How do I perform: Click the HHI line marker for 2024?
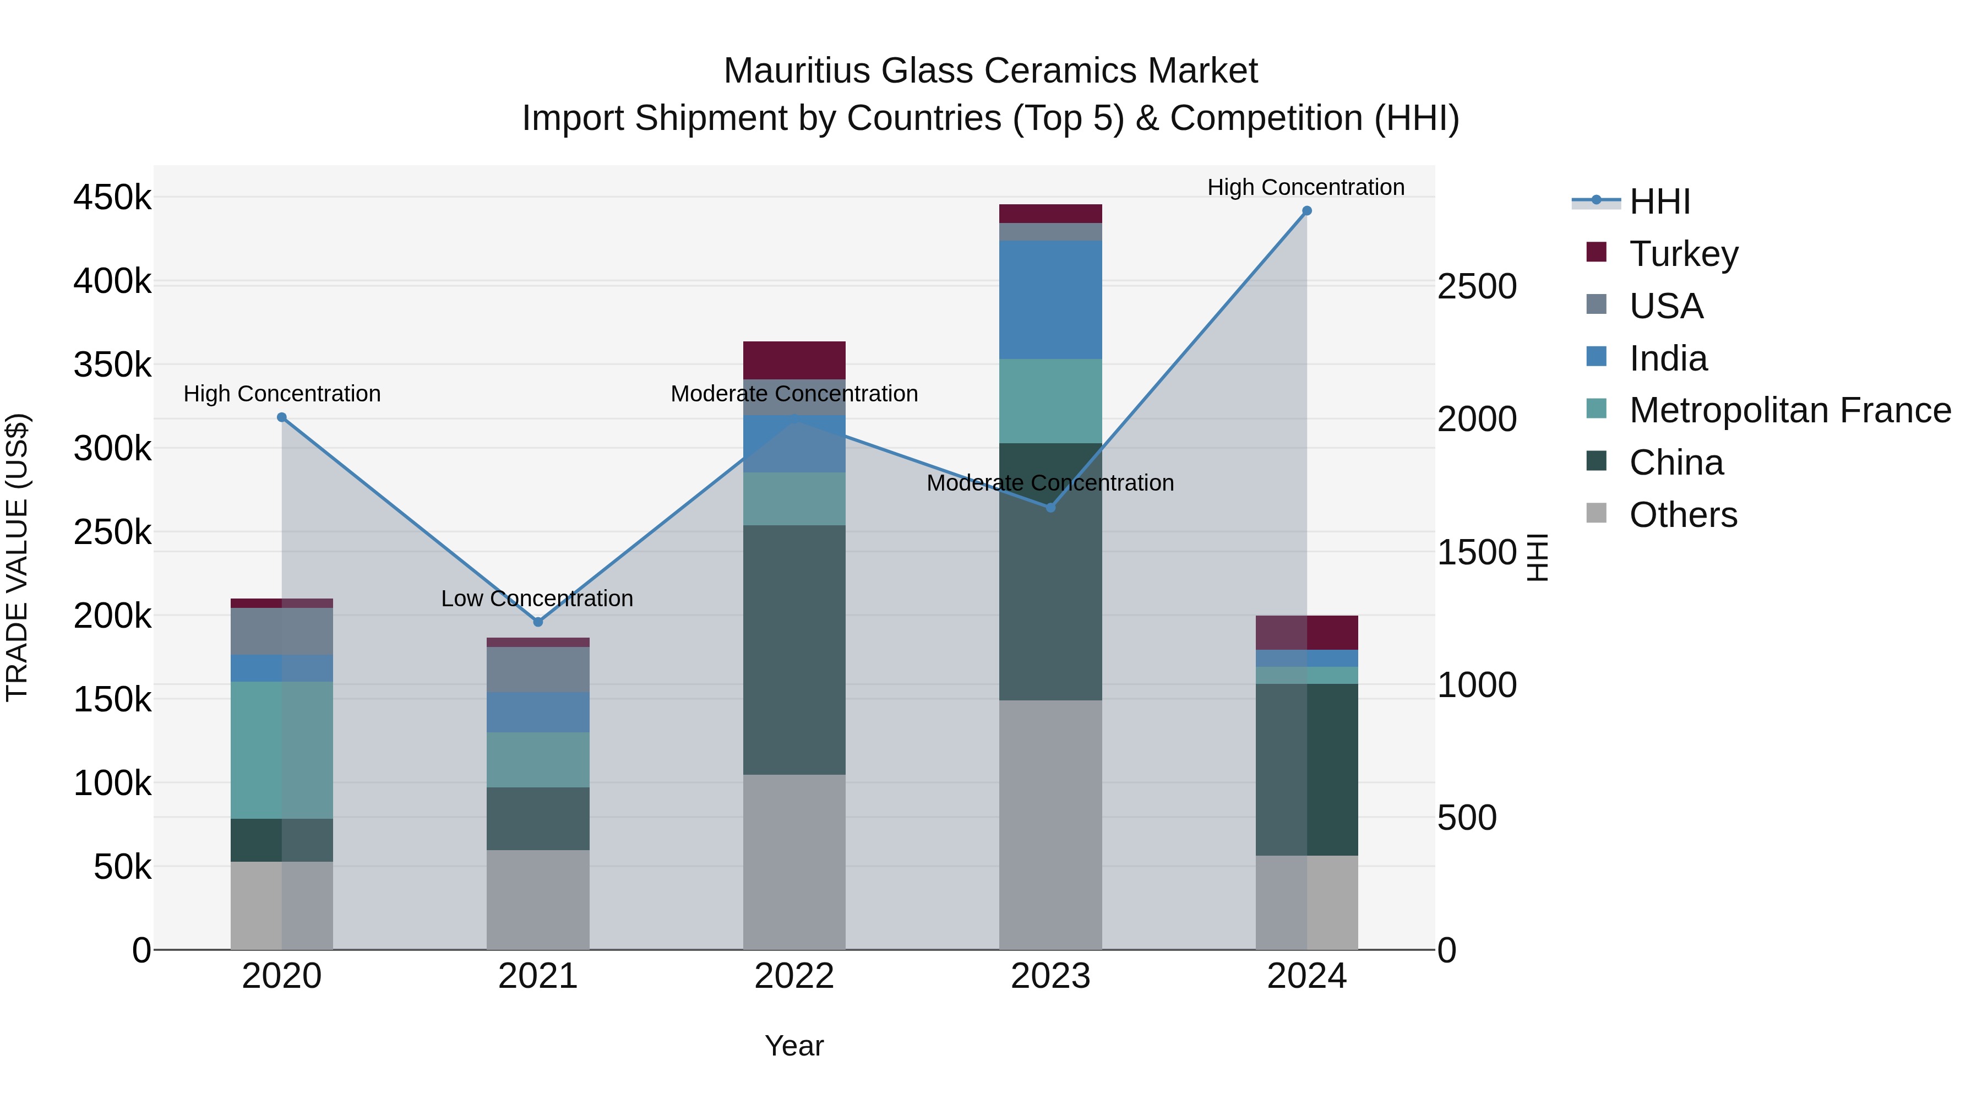tap(1306, 211)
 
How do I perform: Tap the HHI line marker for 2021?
tap(538, 622)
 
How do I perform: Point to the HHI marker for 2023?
tap(1050, 508)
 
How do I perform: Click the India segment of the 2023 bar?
tap(1050, 300)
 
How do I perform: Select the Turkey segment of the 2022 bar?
tap(794, 360)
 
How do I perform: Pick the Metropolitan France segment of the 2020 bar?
tap(281, 750)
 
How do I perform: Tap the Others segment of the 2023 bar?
tap(1050, 825)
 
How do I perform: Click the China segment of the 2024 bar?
tap(1306, 770)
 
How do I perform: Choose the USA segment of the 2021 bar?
tap(538, 670)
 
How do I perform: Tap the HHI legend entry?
tap(1659, 202)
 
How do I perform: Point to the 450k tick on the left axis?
tap(112, 198)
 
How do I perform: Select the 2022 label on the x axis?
tap(794, 976)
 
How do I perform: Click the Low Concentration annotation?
tap(537, 599)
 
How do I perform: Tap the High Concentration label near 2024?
tap(1306, 187)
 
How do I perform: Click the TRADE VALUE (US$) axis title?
tap(17, 557)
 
